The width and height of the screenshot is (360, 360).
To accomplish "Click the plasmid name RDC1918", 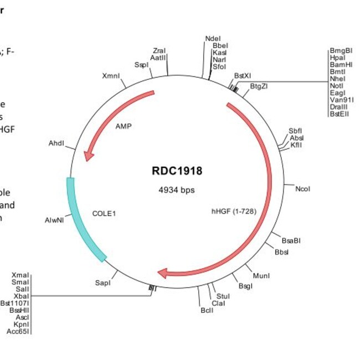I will click(177, 171).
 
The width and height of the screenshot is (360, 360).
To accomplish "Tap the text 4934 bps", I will click(177, 190).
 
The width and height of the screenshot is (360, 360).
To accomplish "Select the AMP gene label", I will click(124, 126).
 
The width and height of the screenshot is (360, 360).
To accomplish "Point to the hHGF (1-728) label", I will click(233, 211).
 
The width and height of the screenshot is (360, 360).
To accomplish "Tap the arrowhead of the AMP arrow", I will click(88, 157).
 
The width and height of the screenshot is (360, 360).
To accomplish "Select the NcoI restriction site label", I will click(302, 189).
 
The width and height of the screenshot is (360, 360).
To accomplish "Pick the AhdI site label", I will click(56, 143).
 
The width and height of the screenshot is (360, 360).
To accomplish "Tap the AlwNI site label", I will click(55, 220).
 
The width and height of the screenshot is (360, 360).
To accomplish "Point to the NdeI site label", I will click(212, 38).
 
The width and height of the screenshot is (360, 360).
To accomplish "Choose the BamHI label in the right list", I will click(341, 64).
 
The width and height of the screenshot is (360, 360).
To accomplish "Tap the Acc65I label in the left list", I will click(18, 331).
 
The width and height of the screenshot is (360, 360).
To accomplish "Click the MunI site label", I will click(261, 275).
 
